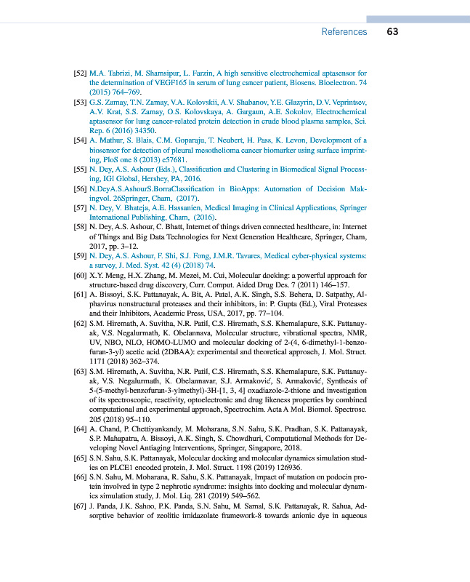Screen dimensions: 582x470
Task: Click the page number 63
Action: (392, 32)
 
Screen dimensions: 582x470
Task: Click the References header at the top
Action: (344, 32)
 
